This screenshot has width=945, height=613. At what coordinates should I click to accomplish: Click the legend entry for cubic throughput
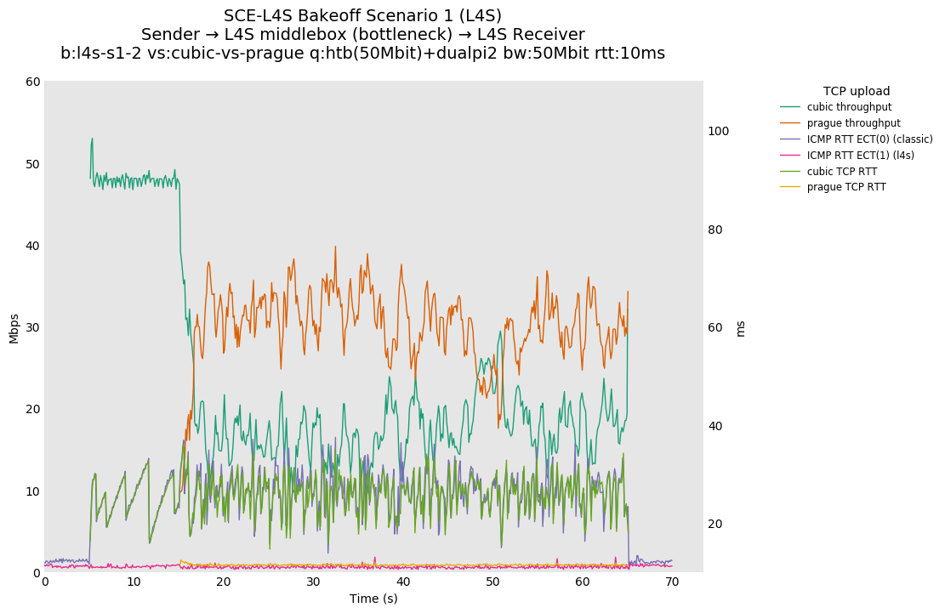849,107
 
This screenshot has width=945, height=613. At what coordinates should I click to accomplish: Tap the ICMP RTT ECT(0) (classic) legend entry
869,139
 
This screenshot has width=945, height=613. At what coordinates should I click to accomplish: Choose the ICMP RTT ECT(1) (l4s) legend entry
860,155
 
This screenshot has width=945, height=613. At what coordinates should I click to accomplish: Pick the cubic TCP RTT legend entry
842,171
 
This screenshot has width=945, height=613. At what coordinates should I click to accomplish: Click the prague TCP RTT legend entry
845,187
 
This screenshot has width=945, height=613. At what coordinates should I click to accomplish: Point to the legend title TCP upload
857,91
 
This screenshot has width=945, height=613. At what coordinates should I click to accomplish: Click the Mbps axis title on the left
14,327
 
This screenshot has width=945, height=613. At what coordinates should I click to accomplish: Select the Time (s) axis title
373,599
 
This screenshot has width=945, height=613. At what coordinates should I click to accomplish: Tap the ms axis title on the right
740,328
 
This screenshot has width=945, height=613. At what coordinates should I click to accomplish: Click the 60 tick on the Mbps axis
32,82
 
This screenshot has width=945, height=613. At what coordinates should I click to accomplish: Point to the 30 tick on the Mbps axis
32,327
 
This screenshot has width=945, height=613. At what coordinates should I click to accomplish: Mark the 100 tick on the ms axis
718,131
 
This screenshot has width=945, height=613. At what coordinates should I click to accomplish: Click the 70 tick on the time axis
672,582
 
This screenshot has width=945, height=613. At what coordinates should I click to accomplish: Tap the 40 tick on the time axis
403,582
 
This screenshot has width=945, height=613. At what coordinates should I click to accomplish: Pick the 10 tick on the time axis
134,582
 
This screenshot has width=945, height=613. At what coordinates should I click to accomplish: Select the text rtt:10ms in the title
629,54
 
